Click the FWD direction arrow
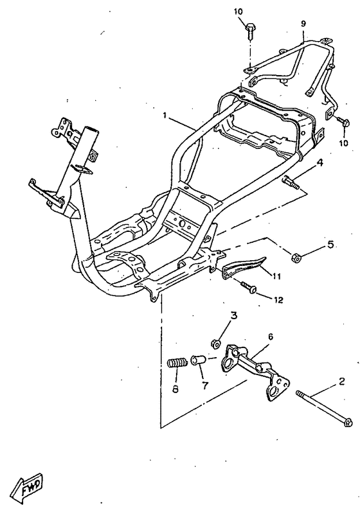[x=27, y=487]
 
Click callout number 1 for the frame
[x=165, y=116]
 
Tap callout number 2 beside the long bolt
[x=341, y=381]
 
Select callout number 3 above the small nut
[x=234, y=315]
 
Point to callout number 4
[x=320, y=163]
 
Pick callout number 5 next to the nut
[x=330, y=244]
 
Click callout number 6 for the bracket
[x=270, y=337]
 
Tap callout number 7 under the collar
[x=204, y=385]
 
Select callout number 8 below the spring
[x=175, y=389]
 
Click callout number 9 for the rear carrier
[x=303, y=23]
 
